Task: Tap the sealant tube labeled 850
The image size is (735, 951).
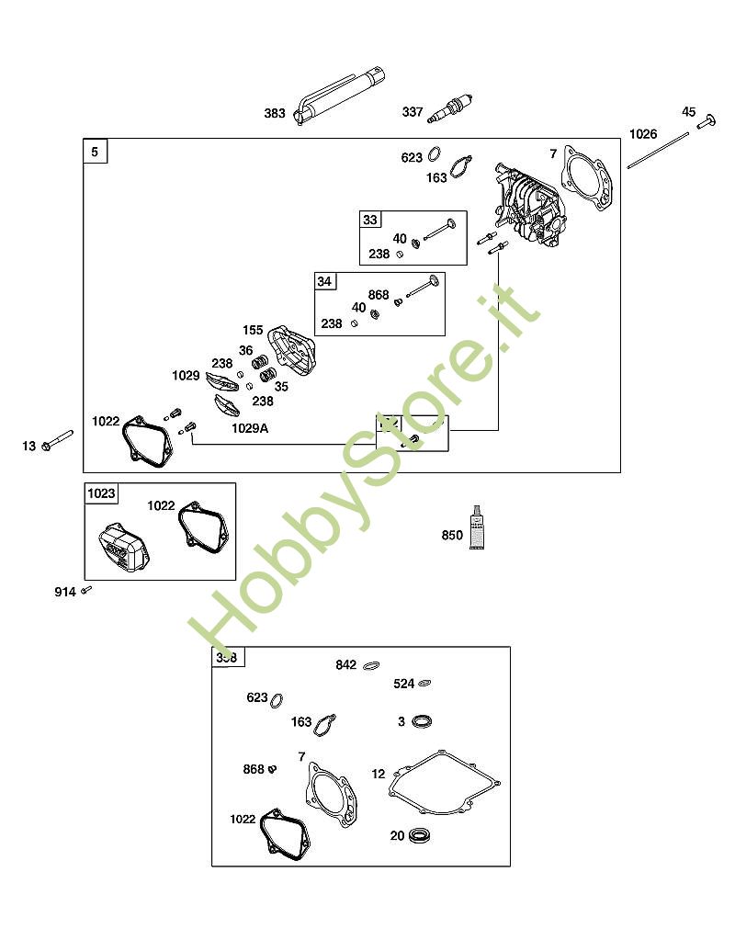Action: click(x=478, y=528)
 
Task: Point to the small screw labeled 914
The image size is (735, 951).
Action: click(x=86, y=590)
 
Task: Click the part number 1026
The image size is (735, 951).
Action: click(x=643, y=134)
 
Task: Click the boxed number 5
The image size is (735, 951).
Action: click(x=96, y=151)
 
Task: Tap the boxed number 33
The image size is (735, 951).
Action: click(x=370, y=220)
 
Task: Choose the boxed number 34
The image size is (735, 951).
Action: click(x=324, y=281)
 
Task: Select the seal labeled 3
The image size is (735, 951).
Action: click(x=423, y=720)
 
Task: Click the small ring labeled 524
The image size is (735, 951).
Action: click(x=424, y=684)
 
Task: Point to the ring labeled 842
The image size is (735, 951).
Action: click(x=372, y=665)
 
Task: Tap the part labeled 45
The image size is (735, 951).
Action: click(x=707, y=121)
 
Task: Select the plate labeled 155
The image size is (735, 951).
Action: click(x=290, y=353)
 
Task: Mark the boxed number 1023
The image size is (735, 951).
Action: click(x=101, y=493)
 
